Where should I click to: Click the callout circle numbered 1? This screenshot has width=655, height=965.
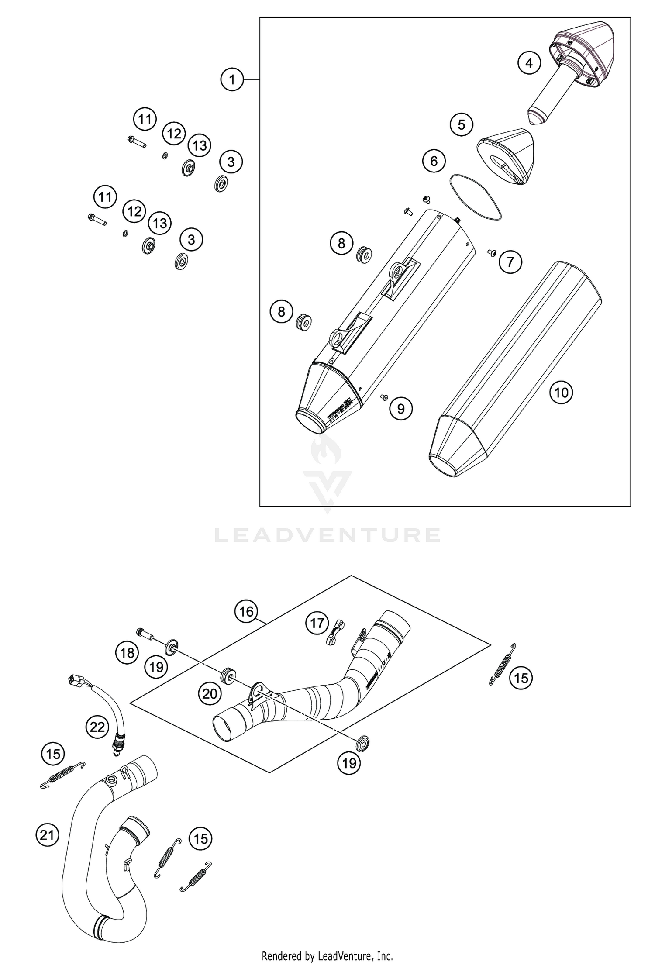click(232, 79)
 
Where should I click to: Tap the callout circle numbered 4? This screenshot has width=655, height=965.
click(529, 63)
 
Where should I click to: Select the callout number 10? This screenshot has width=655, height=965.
click(561, 392)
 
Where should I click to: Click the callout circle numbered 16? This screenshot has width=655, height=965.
click(246, 611)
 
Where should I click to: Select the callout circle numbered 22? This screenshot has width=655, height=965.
click(97, 727)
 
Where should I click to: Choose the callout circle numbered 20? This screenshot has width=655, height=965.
click(210, 694)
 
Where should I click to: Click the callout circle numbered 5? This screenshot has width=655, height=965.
click(462, 125)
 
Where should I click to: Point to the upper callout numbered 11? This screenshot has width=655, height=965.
click(145, 119)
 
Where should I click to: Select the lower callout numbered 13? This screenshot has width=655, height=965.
click(160, 223)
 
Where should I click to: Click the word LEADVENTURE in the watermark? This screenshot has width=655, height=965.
click(327, 535)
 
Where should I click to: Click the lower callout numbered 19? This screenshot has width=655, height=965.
click(349, 763)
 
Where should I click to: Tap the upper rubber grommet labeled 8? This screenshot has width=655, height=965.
click(364, 255)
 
